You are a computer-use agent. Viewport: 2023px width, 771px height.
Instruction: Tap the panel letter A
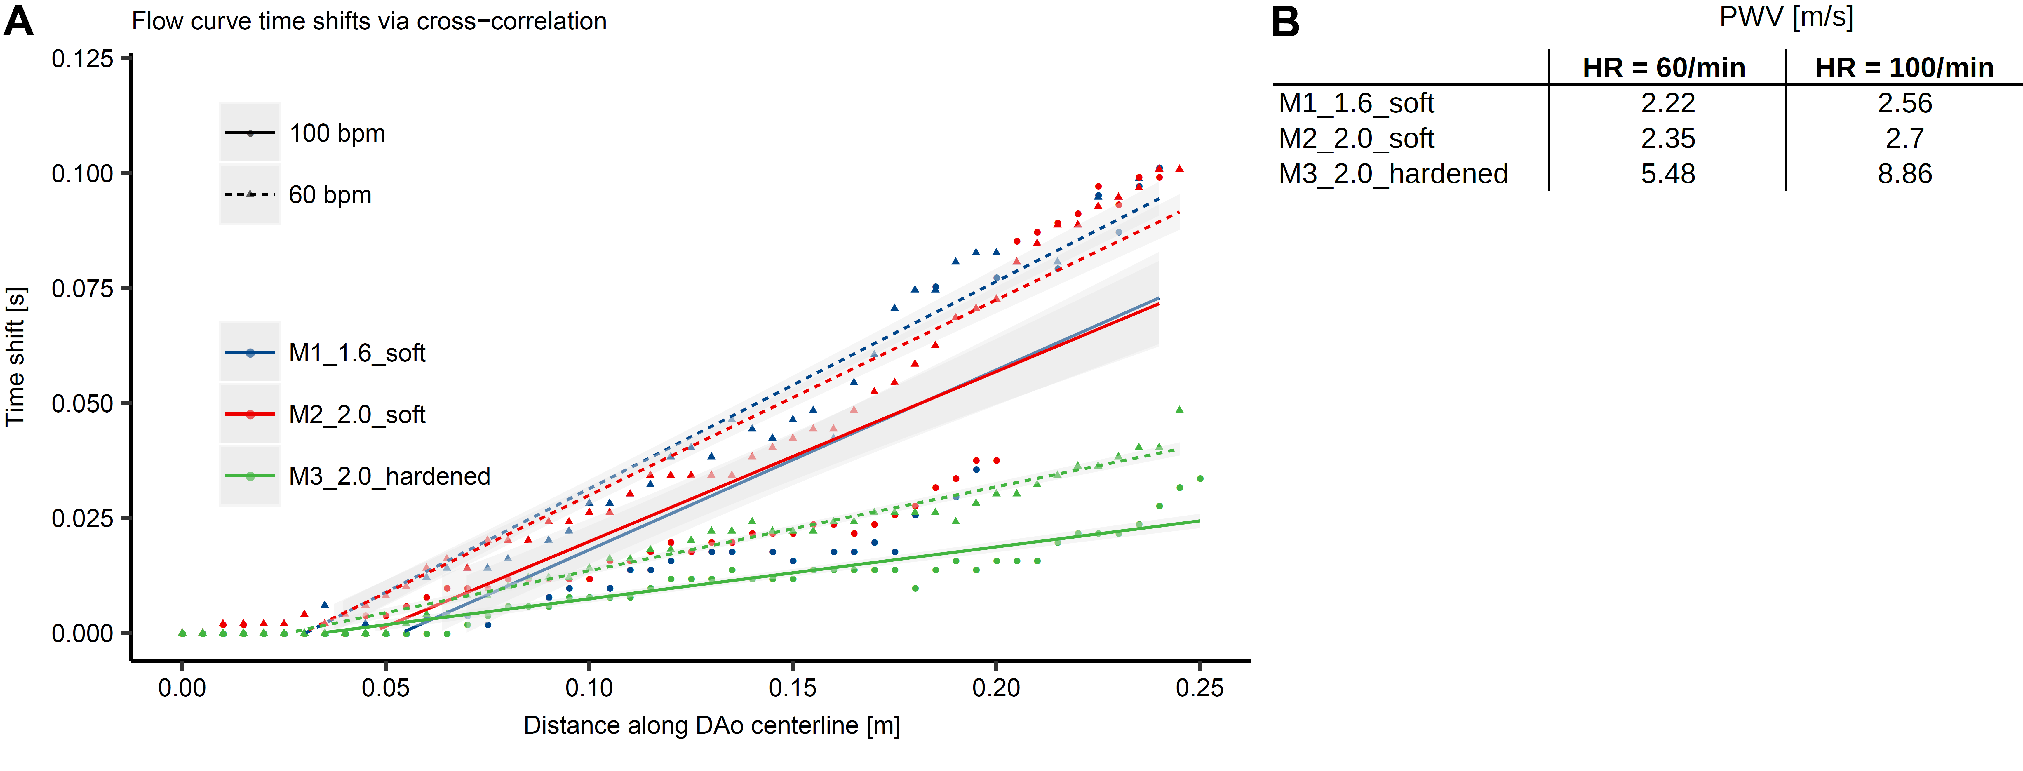[x=19, y=21]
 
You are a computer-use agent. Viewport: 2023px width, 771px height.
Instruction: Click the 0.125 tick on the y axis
[x=82, y=59]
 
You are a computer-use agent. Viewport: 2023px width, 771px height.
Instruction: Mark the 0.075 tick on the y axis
[x=82, y=289]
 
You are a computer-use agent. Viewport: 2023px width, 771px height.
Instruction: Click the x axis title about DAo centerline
[x=711, y=725]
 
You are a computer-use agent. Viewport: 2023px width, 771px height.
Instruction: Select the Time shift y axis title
[x=16, y=357]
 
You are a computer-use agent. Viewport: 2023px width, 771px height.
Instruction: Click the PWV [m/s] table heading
[x=1786, y=17]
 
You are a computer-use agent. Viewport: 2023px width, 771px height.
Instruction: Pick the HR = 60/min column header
[x=1663, y=68]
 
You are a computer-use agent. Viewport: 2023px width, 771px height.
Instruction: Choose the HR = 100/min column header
[x=1904, y=68]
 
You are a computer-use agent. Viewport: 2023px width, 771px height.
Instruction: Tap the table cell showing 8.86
[x=1904, y=173]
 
